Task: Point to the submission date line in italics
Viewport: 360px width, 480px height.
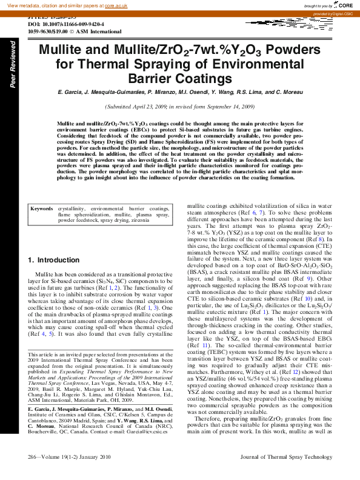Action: tap(180, 106)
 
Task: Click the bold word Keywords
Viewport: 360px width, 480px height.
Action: tap(41, 208)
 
